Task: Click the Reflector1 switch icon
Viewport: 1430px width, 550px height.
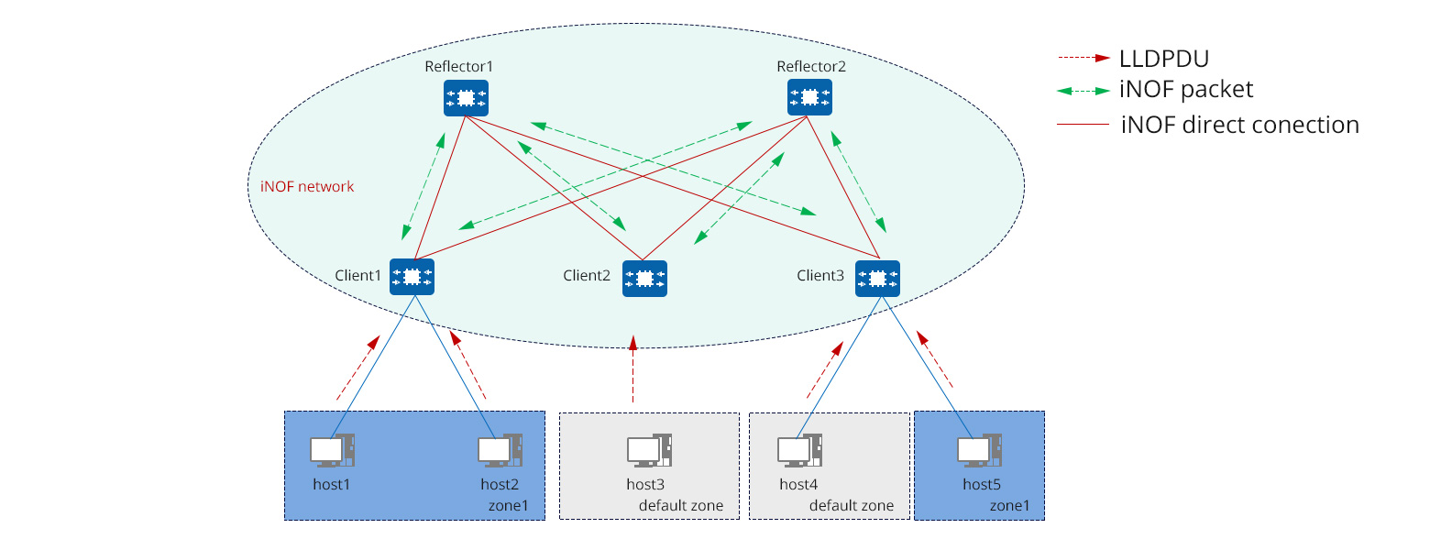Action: [466, 97]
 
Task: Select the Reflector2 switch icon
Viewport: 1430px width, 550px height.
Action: [809, 97]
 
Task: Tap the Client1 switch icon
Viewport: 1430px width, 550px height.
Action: [412, 276]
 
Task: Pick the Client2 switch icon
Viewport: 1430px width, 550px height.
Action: [644, 278]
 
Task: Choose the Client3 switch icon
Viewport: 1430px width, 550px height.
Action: [877, 278]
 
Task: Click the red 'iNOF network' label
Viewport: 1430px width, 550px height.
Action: [301, 187]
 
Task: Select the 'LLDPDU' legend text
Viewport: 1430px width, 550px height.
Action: [1164, 59]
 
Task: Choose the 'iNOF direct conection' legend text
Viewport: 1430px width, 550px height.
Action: [1239, 125]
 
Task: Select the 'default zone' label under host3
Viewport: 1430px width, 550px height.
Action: [681, 506]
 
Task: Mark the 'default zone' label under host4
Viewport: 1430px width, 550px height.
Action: [851, 506]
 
